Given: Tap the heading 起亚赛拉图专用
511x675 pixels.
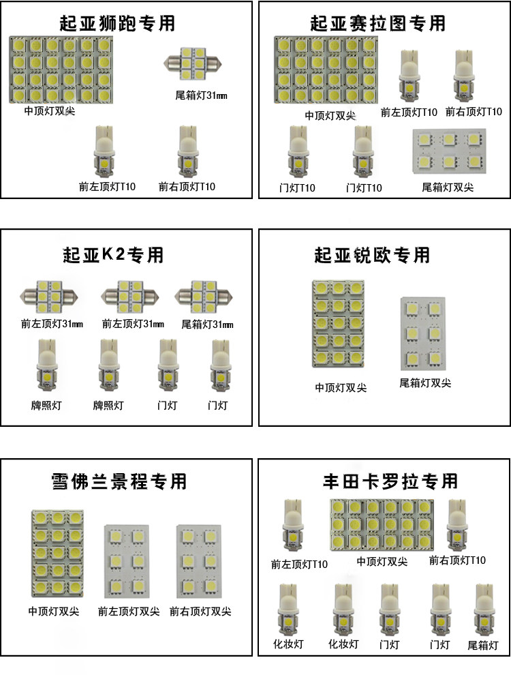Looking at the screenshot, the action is pos(377,23).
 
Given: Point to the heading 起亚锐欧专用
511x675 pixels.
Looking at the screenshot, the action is pos(372,256).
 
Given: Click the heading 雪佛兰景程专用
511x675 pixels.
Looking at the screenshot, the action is pos(119,481).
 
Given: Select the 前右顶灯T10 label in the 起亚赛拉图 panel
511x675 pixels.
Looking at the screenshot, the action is pos(474,112).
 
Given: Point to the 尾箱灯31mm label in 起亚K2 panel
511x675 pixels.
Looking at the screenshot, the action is pos(207,324).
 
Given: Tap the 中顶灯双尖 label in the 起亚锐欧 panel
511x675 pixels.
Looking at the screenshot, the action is pos(341,387).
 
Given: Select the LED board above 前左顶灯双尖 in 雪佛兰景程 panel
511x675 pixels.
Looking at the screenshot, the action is pos(127,558).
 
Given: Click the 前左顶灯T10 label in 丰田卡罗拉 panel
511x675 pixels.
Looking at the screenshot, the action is pos(299,564).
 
